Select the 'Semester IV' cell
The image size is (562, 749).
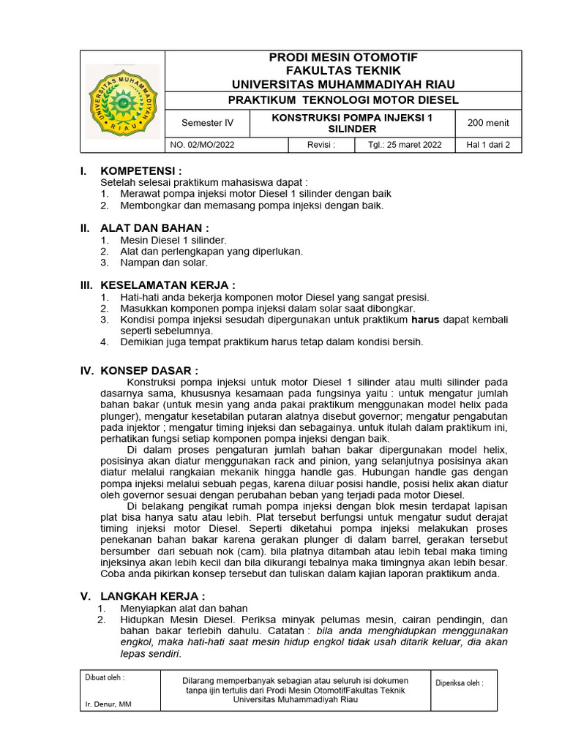[x=209, y=123]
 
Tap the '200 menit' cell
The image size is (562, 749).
[x=488, y=123]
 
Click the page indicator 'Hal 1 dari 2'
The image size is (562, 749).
[x=488, y=145]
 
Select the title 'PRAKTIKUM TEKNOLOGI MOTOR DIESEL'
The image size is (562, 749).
[x=343, y=99]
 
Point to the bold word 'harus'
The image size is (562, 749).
[x=424, y=320]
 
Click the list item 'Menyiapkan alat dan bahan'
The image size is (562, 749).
[x=184, y=609]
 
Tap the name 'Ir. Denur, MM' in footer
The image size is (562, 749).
[x=108, y=704]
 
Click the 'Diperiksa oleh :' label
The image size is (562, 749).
[x=460, y=683]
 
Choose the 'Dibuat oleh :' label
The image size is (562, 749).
[x=105, y=677]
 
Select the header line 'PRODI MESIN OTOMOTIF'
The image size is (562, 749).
[x=343, y=57]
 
